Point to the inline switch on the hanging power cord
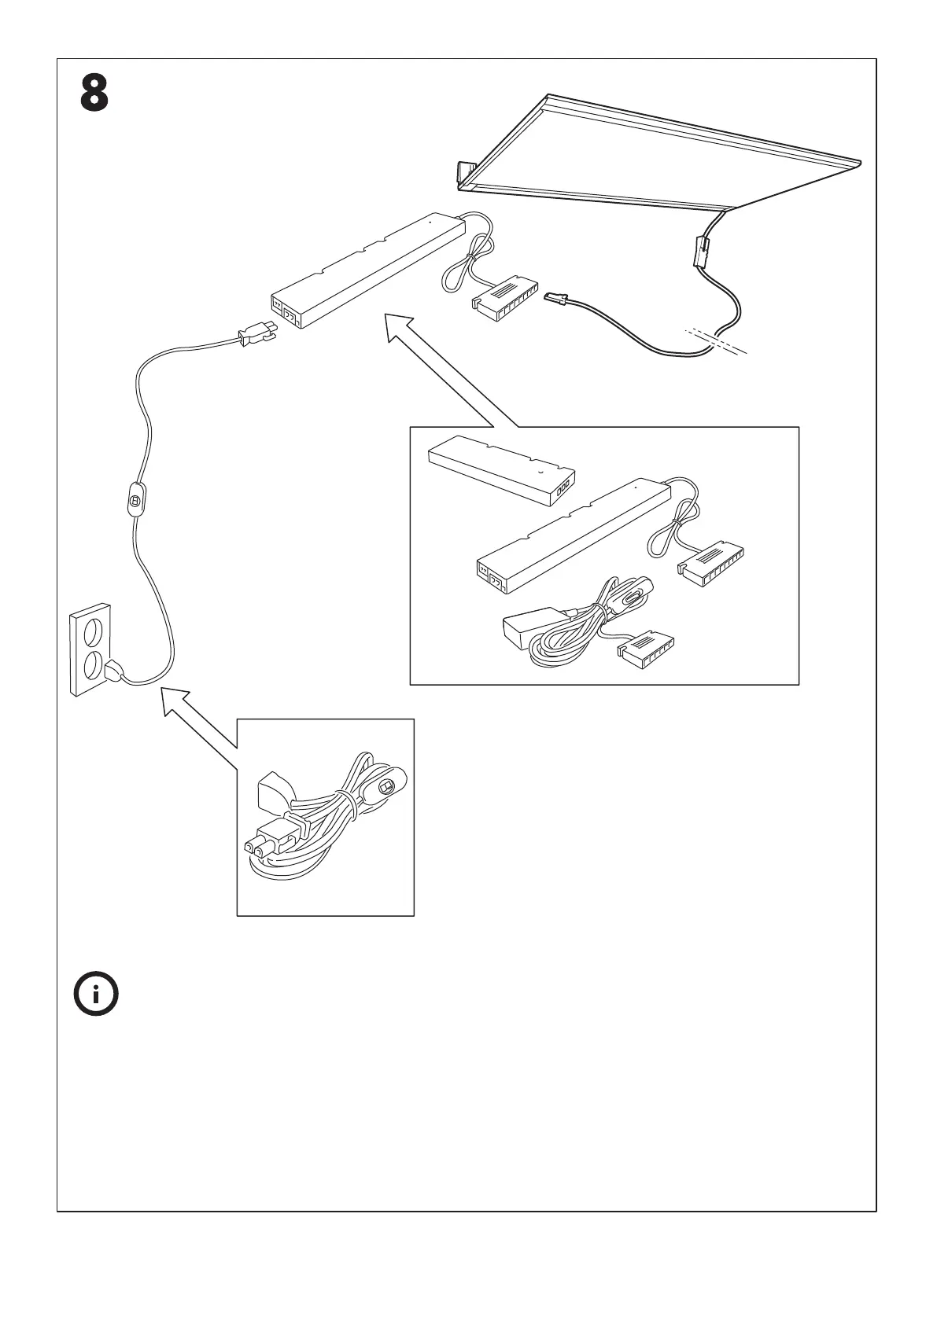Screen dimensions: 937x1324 135,499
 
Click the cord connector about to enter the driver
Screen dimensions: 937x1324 255,336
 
